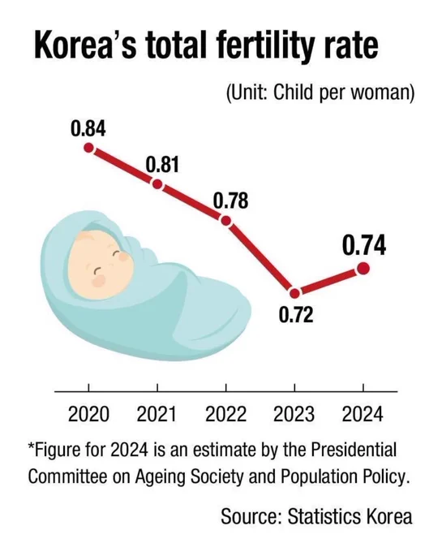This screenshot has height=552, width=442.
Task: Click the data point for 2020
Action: (x=88, y=148)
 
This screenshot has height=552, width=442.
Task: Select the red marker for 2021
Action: (x=157, y=184)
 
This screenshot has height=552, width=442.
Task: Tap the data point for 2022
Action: (x=226, y=221)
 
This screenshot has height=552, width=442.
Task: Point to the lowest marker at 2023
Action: (x=294, y=293)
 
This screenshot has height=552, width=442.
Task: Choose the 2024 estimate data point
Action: (x=363, y=269)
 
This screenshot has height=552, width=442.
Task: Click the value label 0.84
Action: (x=88, y=128)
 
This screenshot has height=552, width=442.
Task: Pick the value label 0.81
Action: (x=162, y=165)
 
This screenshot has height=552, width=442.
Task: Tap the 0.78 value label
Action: (x=230, y=201)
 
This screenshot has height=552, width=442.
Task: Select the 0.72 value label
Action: (x=296, y=315)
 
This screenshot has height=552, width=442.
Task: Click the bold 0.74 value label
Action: (x=364, y=245)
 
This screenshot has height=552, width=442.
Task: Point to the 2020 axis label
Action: (x=88, y=414)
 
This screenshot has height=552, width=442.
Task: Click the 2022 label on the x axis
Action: (x=226, y=414)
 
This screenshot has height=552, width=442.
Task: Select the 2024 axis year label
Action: (x=363, y=414)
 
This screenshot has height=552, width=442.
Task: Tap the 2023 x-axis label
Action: (x=294, y=414)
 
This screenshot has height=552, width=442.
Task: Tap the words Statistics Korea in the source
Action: (x=350, y=516)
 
